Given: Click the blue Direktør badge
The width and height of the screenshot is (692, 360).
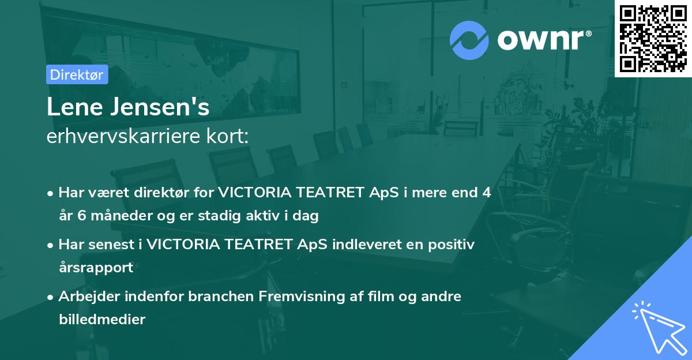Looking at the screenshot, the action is [x=77, y=74].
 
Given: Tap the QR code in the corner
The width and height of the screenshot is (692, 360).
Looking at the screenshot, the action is [x=653, y=39].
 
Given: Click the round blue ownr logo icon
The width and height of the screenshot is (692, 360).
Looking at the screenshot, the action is [x=469, y=40].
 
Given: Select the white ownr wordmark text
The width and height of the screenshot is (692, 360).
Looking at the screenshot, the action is [x=541, y=40].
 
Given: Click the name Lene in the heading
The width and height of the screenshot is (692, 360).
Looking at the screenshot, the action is [x=75, y=107].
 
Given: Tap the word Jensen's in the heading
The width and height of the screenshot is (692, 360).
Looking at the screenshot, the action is [x=160, y=107].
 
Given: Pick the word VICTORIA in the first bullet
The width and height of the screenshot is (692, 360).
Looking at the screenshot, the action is [x=255, y=193].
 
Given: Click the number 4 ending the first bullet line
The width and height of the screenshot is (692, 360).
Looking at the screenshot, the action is [x=487, y=193].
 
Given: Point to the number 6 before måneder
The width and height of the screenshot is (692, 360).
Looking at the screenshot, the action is [x=82, y=215].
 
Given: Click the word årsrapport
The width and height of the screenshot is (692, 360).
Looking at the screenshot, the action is [x=96, y=268].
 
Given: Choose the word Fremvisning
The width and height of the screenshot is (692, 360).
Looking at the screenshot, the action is [x=302, y=297].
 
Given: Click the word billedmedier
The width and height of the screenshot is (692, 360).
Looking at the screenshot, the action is [x=102, y=319].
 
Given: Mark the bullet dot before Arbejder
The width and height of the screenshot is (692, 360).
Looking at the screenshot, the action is [x=50, y=297].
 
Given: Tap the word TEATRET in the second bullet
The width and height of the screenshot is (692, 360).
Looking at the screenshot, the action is [x=258, y=245].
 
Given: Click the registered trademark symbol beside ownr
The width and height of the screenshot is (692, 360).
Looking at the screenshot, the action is [x=588, y=33].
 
